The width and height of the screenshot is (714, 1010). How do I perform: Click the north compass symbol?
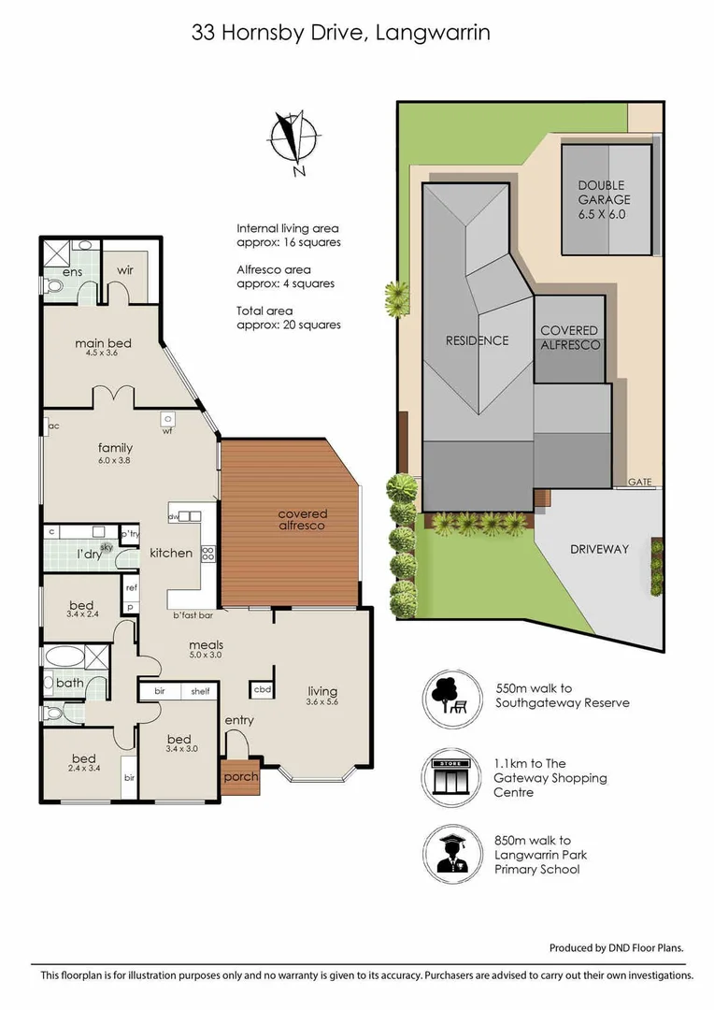(293, 142)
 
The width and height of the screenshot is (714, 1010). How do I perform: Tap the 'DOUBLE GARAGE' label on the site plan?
(603, 193)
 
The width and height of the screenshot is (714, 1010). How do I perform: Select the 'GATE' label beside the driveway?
(639, 482)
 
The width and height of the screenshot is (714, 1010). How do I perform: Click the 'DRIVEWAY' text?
(599, 549)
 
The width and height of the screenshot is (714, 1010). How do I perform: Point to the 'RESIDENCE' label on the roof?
(478, 339)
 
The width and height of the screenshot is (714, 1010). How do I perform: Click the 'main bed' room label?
(103, 343)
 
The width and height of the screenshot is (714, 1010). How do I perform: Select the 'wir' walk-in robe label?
(126, 270)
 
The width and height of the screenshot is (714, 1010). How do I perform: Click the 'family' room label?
(115, 448)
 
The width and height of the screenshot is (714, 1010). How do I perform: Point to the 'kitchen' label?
(171, 553)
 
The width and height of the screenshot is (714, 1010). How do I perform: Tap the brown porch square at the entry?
(240, 775)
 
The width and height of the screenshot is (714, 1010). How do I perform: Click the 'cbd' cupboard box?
(261, 689)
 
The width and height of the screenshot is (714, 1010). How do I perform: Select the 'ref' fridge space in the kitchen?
(131, 588)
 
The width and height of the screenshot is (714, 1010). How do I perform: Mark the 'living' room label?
(323, 693)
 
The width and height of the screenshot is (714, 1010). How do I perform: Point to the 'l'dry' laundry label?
(91, 555)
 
